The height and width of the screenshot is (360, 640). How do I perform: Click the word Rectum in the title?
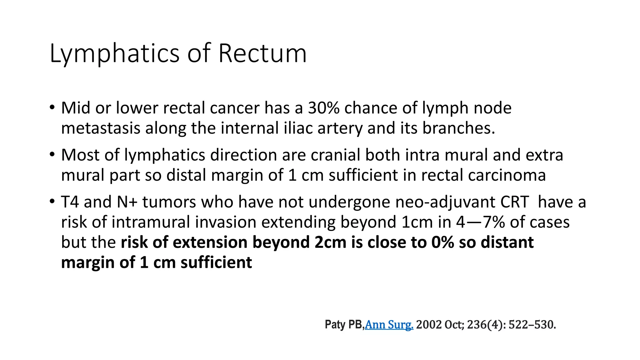point(262,53)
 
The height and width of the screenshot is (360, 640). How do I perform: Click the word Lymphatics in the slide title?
point(114,53)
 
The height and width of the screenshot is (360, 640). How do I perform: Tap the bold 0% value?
point(442,242)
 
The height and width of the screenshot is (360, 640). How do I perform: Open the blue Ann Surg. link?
point(389,325)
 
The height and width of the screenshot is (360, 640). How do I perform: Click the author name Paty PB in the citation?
point(344,325)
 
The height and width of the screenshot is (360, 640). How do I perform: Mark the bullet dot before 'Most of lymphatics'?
point(52,154)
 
